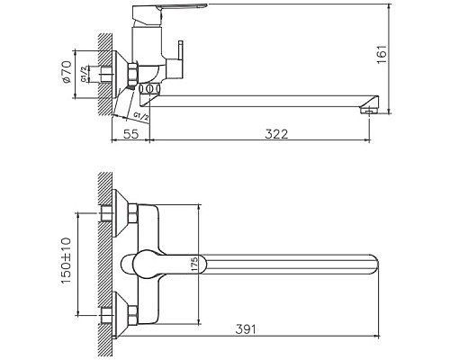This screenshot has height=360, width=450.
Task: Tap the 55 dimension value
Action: click(x=130, y=133)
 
